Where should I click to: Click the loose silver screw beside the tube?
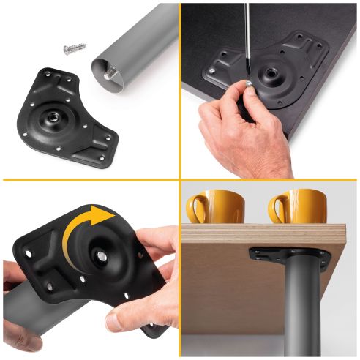point(74,48)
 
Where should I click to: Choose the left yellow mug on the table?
point(214,207)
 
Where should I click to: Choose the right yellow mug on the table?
point(300,206)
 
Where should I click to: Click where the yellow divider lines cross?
point(180,179)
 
